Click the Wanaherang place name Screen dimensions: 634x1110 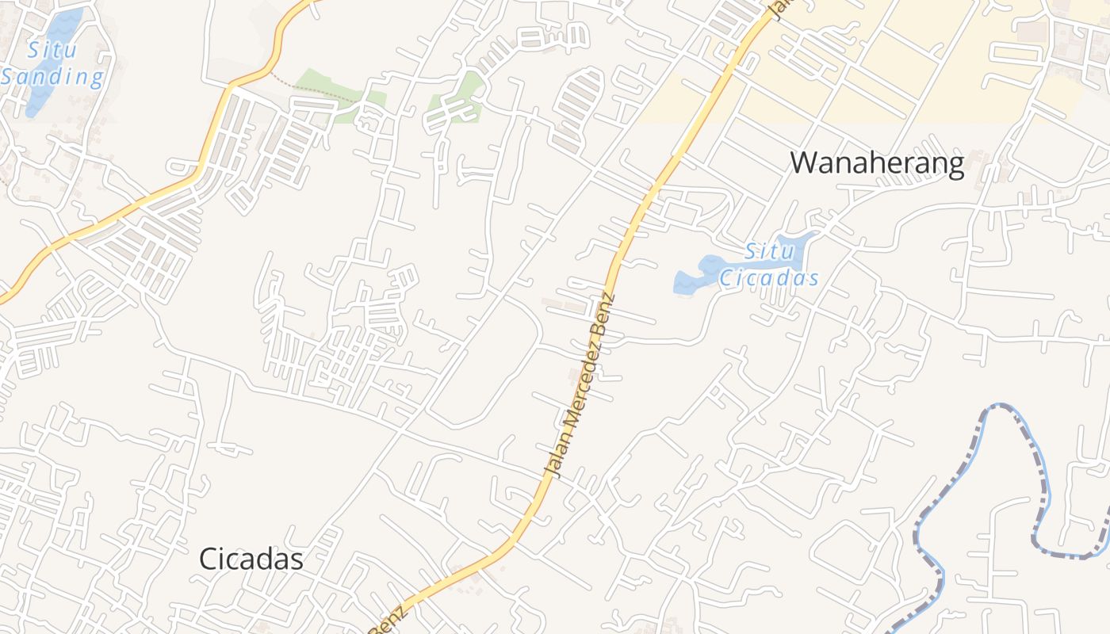click(877, 162)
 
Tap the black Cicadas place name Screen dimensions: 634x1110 click(251, 559)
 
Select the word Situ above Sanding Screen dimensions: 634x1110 click(53, 51)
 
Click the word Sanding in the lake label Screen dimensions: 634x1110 click(52, 78)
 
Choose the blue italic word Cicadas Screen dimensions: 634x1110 click(768, 278)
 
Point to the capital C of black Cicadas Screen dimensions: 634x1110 click(207, 559)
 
